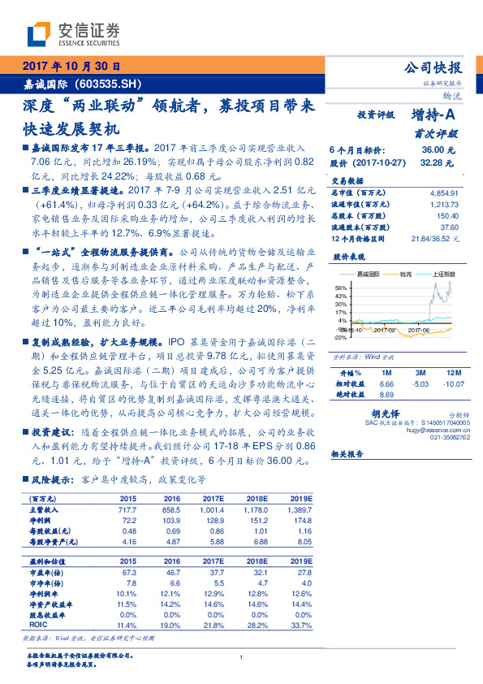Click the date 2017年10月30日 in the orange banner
coord(70,66)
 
